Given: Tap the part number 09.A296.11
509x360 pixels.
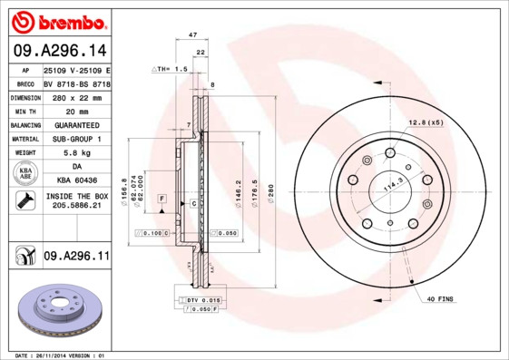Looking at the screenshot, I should point(76,257).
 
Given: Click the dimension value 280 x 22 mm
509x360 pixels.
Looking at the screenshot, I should point(76,96).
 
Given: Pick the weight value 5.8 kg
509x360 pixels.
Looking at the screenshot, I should point(76,153).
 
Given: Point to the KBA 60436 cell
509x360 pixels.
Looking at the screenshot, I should point(76,181).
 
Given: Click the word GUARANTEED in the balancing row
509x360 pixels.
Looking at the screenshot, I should point(76,124).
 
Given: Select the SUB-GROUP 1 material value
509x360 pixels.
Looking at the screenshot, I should point(76,139).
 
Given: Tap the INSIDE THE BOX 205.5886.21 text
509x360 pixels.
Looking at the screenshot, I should point(76,201).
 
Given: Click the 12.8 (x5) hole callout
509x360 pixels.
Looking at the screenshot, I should point(425,122).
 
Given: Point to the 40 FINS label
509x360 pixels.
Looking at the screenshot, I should point(440,299).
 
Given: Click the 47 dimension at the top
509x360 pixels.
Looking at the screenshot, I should point(192,34).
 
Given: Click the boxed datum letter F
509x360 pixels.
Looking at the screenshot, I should point(161,198).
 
